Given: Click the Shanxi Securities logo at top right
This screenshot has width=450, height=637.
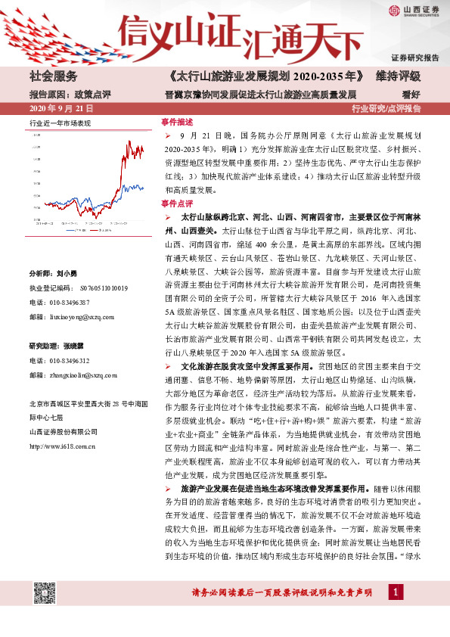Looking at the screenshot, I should click(x=414, y=11).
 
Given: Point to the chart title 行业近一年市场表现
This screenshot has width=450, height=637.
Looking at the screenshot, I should click(x=60, y=122).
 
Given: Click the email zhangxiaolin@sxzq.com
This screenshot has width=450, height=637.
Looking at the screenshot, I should click(x=85, y=374).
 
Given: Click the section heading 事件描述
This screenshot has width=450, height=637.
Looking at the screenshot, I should click(x=177, y=121).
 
